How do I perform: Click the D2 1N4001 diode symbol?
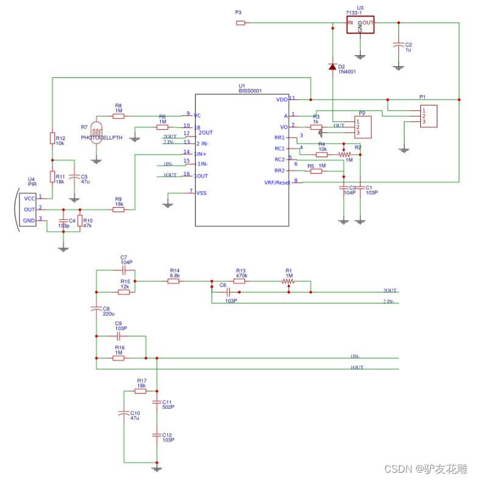coord(333,66)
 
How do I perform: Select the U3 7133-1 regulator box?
coord(360,24)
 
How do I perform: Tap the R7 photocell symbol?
coord(96,132)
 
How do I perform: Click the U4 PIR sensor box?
coord(28,208)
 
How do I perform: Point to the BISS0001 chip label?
coord(250,91)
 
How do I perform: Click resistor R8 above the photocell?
coord(118,115)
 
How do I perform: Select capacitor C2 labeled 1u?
coord(398,45)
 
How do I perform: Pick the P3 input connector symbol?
coord(241,23)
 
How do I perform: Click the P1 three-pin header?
coord(428,116)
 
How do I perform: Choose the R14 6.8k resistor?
coord(174,281)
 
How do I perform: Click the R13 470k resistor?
coord(239,281)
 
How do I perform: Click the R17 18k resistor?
coord(140,390)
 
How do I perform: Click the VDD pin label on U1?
coord(281,99)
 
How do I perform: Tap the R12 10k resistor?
coord(52,139)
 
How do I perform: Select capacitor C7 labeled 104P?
coord(124,269)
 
